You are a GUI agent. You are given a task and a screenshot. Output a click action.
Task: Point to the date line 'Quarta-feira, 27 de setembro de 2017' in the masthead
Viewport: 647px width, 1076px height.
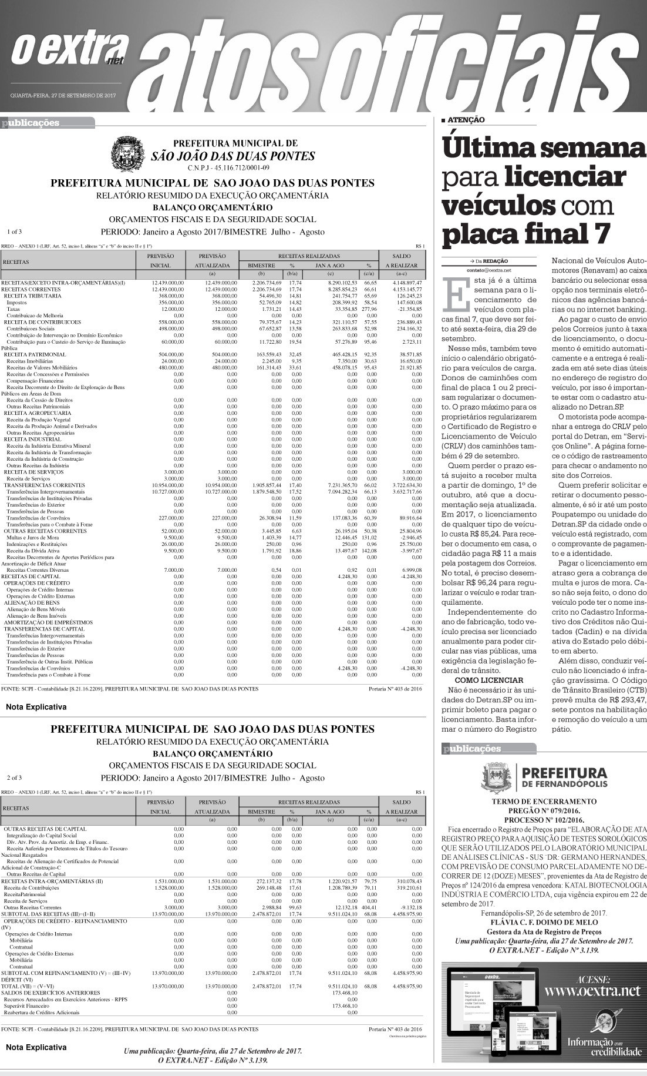click(65, 95)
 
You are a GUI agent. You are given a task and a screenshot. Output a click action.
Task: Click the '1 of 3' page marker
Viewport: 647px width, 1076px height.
click(15, 232)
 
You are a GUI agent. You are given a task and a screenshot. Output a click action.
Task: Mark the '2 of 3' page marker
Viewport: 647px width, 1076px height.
click(15, 778)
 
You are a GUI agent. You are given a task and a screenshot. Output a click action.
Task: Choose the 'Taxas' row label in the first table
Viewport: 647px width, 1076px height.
click(14, 309)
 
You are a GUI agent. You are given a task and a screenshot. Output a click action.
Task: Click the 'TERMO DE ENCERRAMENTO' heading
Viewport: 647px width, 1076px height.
click(544, 801)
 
